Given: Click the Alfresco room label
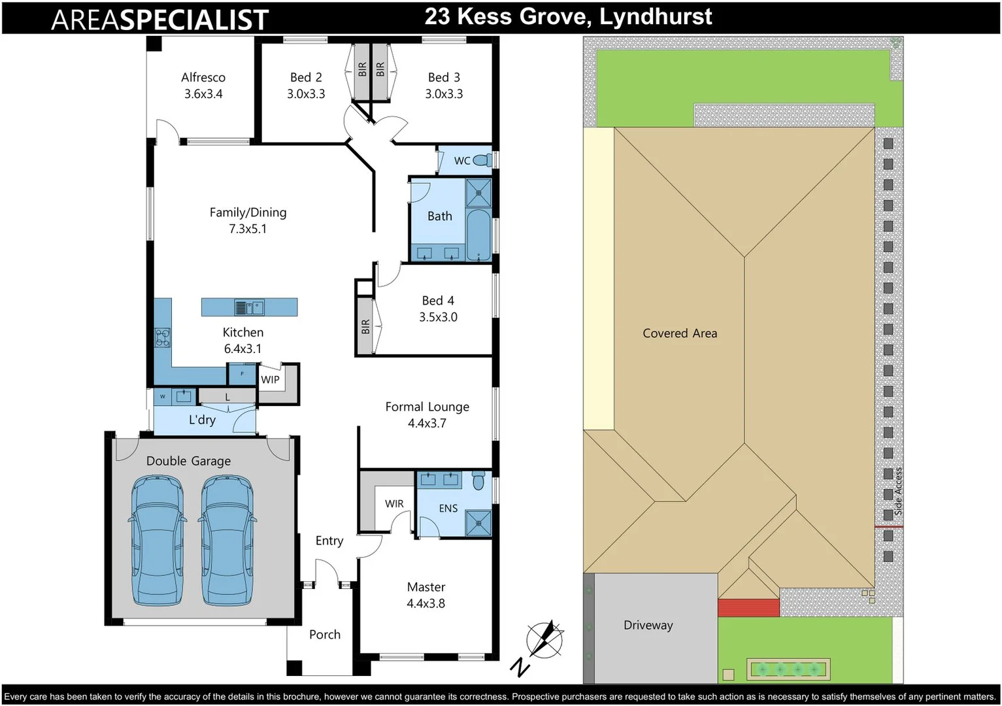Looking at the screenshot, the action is [x=203, y=77].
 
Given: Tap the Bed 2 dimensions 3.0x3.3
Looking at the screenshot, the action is [x=306, y=94].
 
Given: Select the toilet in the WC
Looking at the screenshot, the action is [x=482, y=160].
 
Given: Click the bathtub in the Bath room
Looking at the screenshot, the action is [x=479, y=235].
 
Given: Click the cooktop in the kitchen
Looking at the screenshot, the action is [x=162, y=337].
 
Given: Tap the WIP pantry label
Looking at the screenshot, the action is [x=270, y=379].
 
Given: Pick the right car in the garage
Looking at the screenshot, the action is [x=226, y=540].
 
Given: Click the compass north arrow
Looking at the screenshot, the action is [x=544, y=638].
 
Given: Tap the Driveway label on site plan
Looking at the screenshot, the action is [x=648, y=625].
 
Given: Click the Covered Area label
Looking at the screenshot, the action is [x=680, y=333].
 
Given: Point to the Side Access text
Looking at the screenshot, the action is [x=898, y=491].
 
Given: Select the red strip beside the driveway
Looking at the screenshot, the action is [x=748, y=608].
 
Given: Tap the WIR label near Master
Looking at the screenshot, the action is [x=394, y=503].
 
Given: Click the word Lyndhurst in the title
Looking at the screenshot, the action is [x=656, y=17].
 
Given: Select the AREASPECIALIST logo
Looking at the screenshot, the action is [x=159, y=20].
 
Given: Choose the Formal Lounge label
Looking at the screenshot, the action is [x=427, y=407].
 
